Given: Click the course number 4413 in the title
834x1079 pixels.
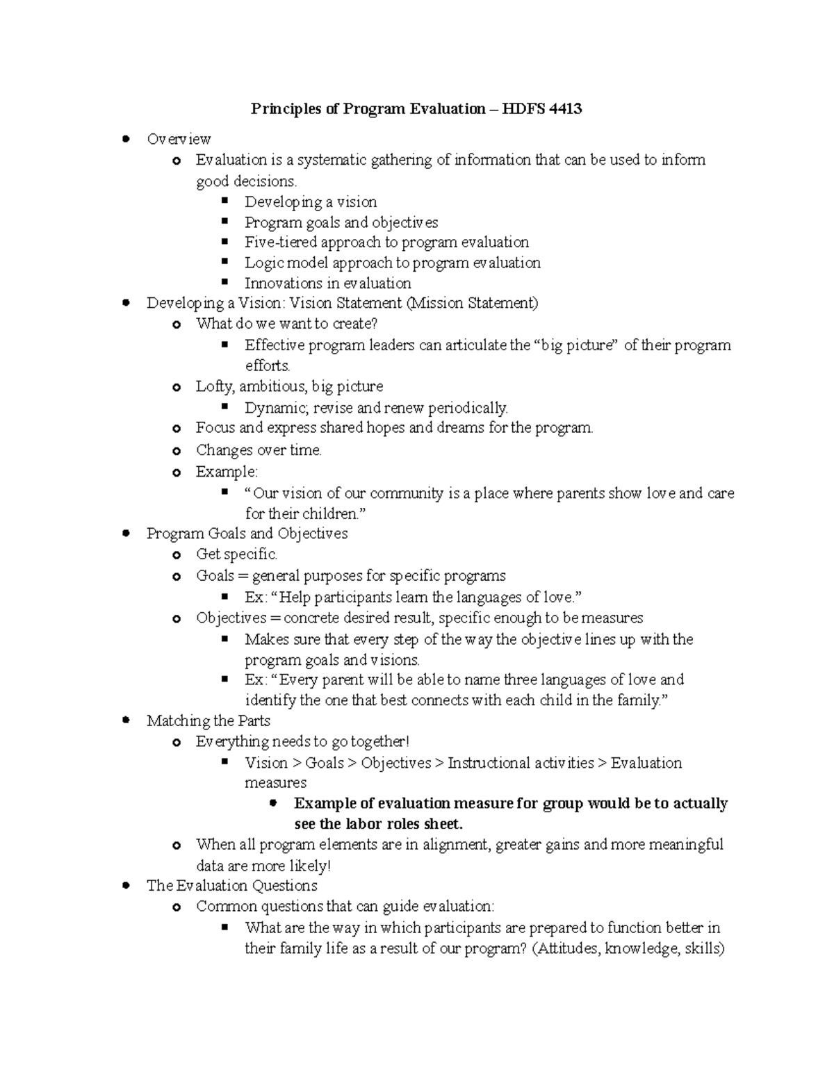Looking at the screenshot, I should coord(565,108).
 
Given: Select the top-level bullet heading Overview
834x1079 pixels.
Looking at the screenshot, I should coord(179,139).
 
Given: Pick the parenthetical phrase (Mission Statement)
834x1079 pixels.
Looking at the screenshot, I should coord(473,303).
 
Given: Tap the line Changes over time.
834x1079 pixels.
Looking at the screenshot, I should coord(259,450).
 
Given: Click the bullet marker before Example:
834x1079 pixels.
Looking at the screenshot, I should coord(177,473).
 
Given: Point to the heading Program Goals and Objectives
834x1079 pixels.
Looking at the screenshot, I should coord(247,534).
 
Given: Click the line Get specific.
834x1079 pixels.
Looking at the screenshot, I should coord(236,554).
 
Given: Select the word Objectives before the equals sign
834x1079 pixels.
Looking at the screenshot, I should coord(231,618).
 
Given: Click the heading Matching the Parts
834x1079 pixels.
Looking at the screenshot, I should coord(208,720).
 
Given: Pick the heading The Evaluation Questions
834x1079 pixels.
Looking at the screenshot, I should coord(231,886).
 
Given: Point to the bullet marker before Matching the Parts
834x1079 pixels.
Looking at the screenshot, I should coord(126,720).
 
